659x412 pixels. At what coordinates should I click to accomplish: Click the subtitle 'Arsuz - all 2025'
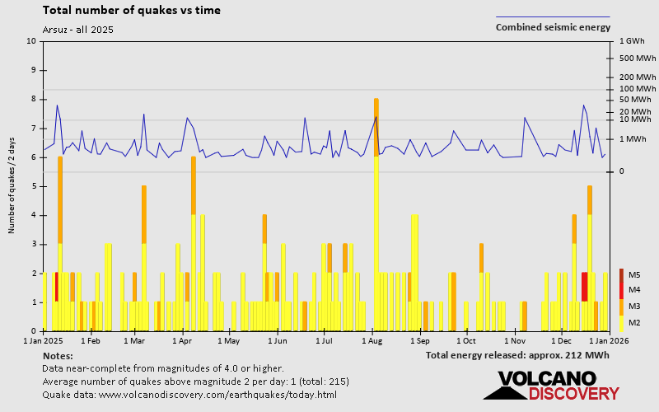point(77,30)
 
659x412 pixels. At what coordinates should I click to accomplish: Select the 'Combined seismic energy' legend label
point(553,27)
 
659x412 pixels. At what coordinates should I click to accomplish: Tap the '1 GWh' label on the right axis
point(631,41)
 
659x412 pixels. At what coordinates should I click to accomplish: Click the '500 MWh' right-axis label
point(637,58)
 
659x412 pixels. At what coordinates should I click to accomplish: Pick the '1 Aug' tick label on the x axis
point(372,339)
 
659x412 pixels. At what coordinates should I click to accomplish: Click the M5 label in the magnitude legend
point(634,274)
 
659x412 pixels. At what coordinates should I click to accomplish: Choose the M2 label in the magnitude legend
point(634,322)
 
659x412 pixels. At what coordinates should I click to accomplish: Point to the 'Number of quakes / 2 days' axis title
point(12,186)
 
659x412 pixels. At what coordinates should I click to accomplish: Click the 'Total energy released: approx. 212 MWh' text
point(517,355)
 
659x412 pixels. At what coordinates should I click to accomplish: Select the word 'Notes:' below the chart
point(57,355)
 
